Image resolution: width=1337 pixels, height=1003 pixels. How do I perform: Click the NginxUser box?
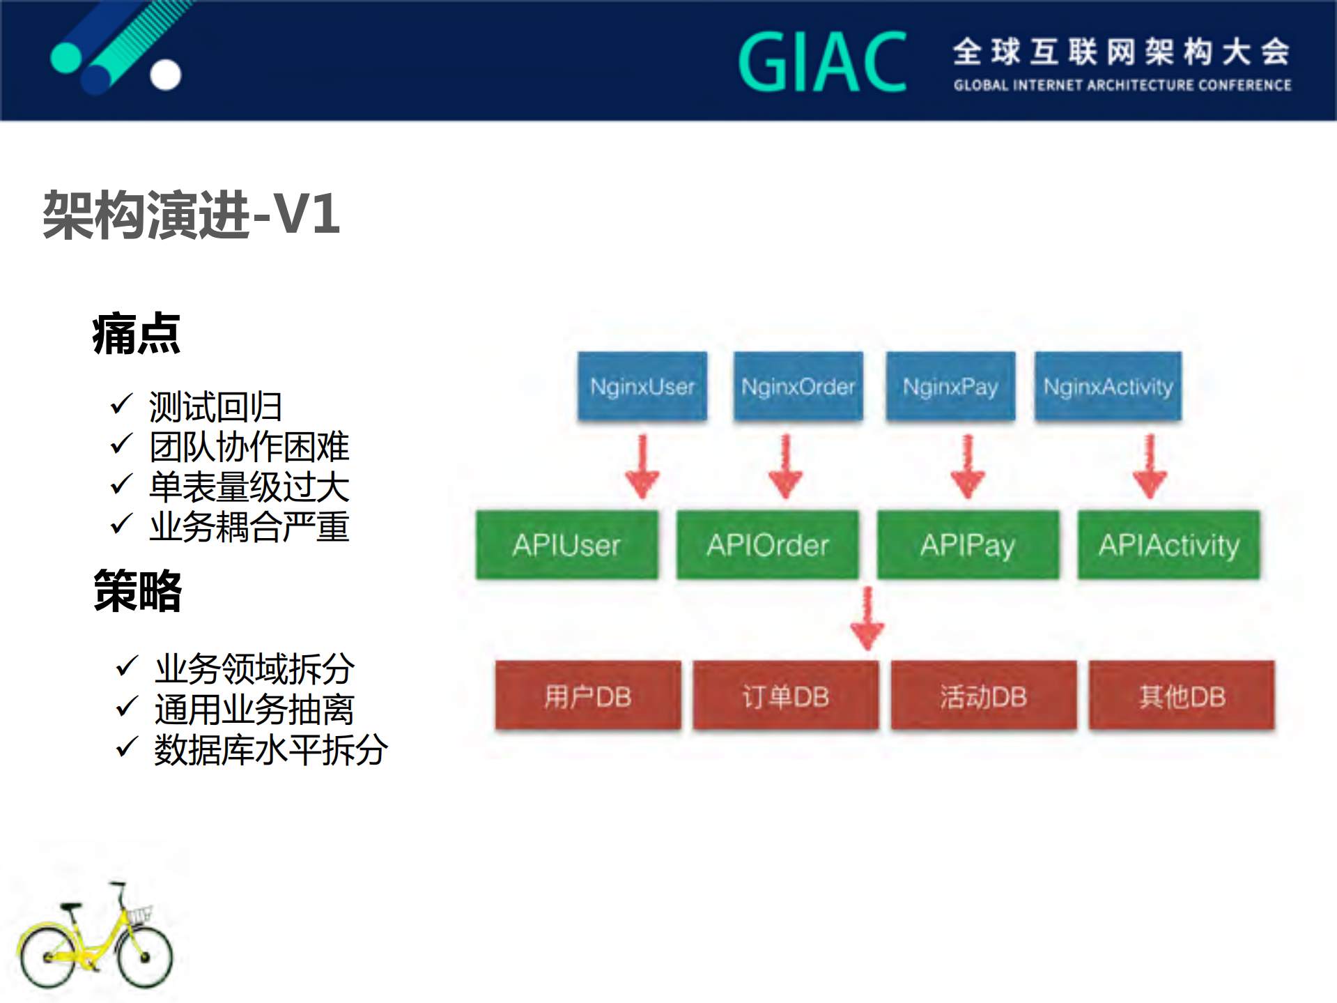(642, 386)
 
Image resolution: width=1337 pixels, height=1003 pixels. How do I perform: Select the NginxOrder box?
(798, 386)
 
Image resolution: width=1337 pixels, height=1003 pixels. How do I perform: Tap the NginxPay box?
(950, 386)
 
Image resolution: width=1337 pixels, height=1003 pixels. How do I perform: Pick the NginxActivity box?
(1108, 386)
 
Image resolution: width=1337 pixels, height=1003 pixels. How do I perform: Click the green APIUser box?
(566, 544)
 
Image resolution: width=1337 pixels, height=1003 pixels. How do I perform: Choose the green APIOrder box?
(767, 544)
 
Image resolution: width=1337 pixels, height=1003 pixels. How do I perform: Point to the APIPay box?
(968, 544)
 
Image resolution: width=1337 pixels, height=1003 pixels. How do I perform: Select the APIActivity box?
(1168, 544)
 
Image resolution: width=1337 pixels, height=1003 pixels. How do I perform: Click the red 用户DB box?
(588, 696)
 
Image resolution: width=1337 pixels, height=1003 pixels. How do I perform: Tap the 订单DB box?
(785, 696)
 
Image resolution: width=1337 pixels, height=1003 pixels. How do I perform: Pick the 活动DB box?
(983, 696)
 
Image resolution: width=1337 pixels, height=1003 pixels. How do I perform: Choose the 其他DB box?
(1182, 696)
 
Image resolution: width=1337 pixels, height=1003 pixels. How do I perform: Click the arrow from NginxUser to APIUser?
(642, 467)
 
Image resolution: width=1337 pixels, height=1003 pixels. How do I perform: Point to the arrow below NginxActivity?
(1150, 467)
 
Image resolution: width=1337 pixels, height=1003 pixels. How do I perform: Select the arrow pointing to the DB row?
(867, 619)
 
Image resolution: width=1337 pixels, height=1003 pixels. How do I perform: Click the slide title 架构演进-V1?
(192, 215)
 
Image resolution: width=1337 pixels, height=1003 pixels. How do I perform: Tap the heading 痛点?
(137, 335)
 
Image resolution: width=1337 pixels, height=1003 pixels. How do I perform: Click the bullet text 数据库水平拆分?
(270, 750)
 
